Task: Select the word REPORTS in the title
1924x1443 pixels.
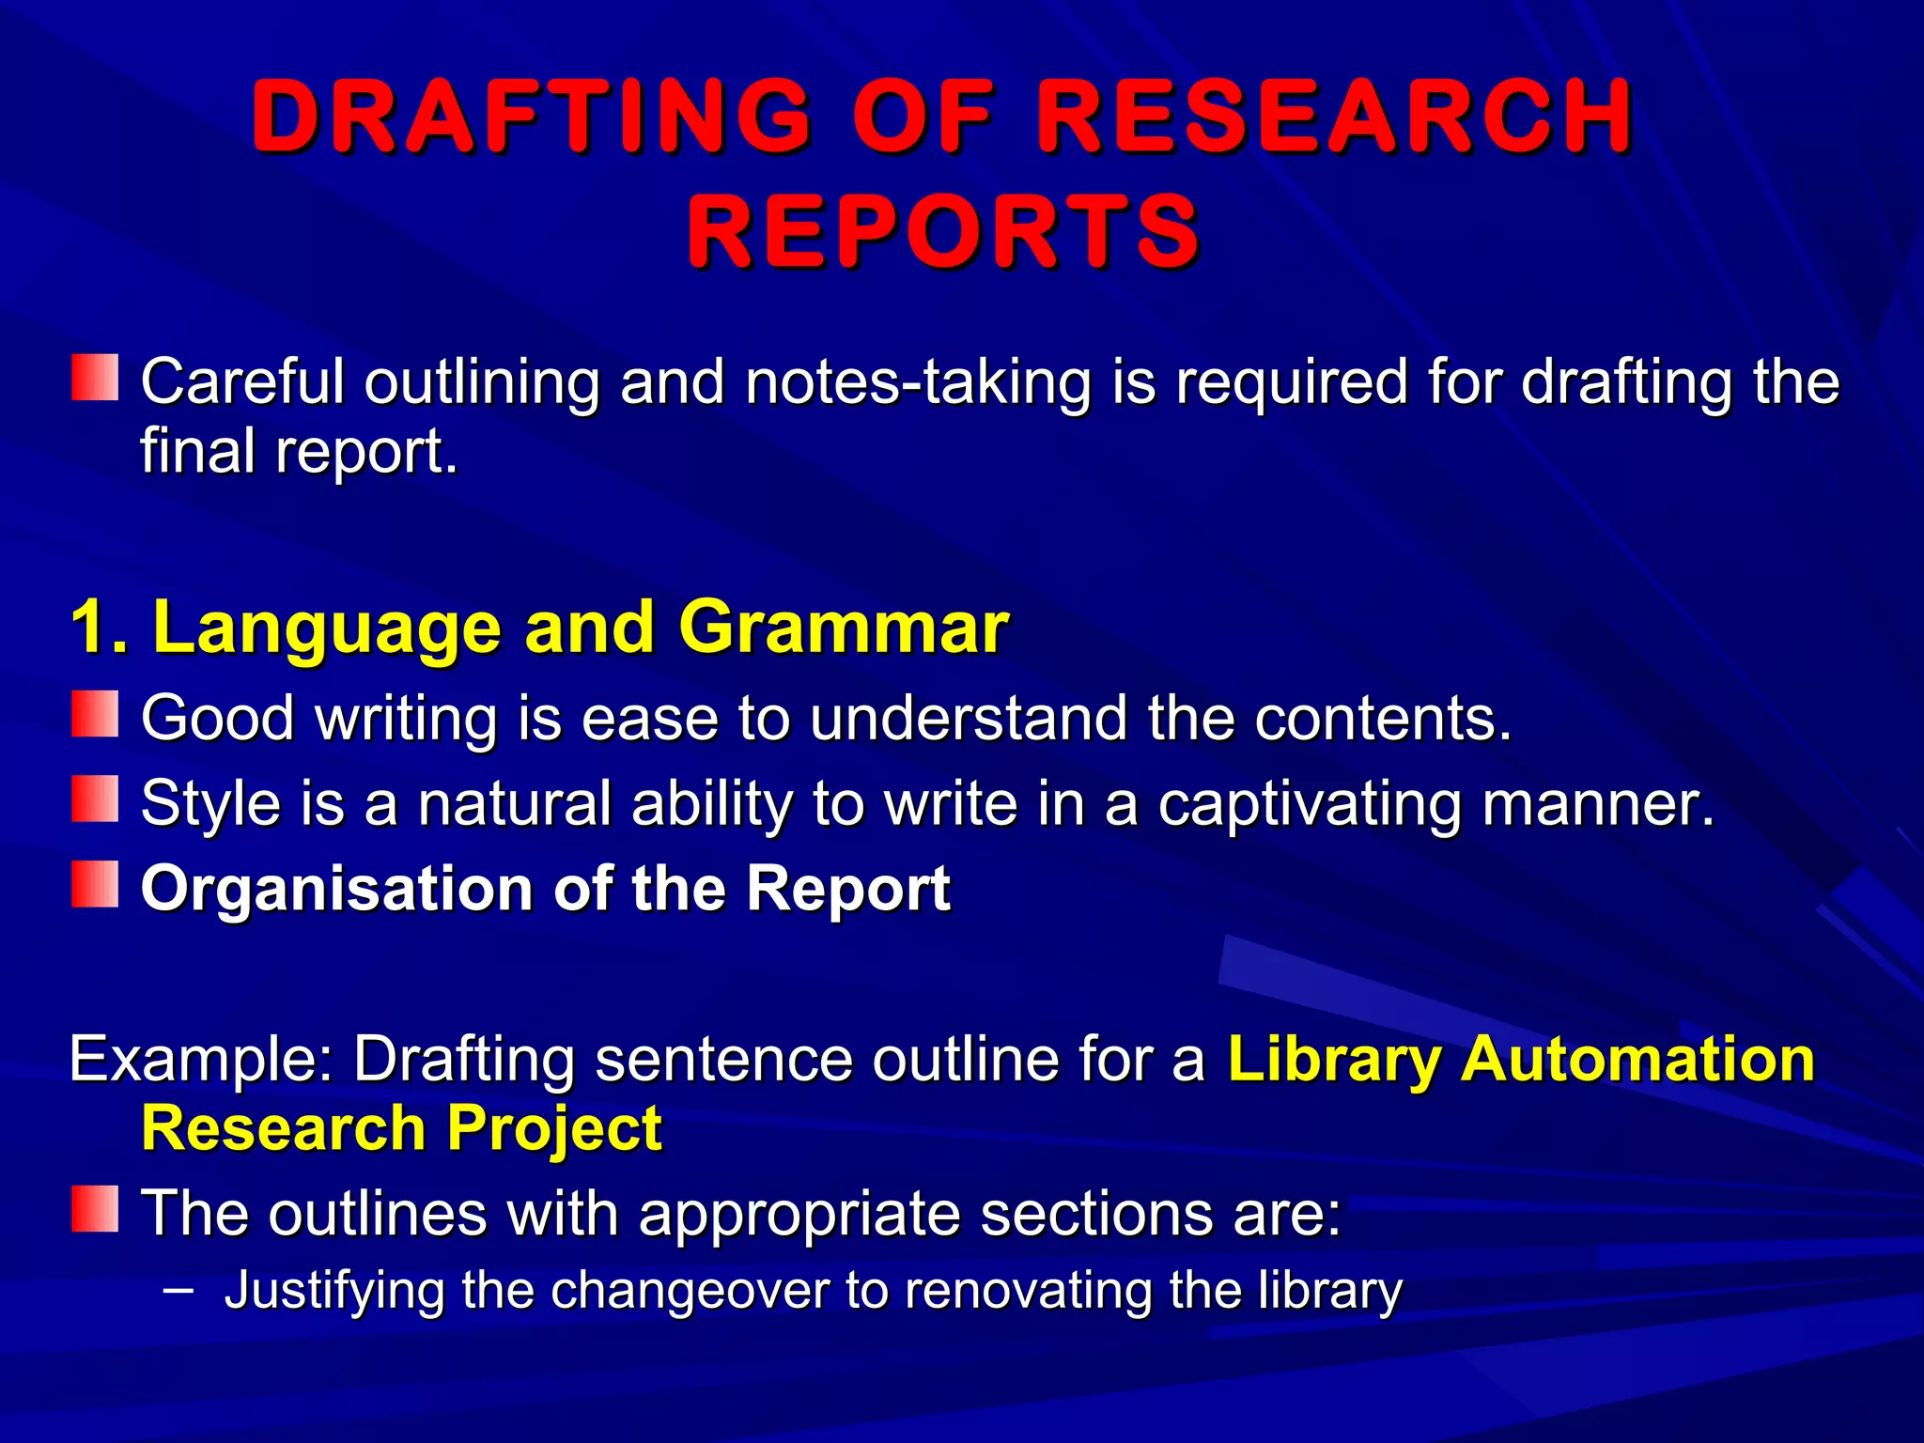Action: (943, 231)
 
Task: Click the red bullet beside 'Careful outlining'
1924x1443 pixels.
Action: (95, 378)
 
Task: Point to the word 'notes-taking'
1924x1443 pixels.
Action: (918, 382)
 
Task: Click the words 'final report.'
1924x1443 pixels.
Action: (299, 452)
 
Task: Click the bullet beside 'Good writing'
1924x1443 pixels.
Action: (95, 714)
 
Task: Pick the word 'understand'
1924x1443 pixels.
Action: (968, 719)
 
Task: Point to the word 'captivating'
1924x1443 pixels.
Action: (1309, 804)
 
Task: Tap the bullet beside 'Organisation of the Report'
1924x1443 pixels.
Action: (95, 884)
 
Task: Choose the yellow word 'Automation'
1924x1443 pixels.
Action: (1637, 1060)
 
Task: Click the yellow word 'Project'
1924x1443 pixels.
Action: (554, 1128)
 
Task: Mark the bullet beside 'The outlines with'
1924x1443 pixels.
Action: (95, 1208)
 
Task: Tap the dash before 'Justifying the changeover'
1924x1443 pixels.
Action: (178, 1290)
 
